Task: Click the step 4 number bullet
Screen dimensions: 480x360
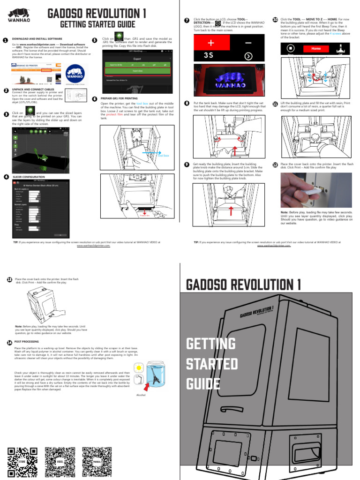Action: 6,177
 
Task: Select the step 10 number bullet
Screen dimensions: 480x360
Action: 275,20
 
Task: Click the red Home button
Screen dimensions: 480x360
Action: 316,48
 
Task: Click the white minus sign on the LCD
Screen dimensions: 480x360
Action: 247,43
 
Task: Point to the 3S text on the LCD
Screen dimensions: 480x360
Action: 209,55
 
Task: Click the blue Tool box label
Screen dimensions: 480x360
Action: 163,155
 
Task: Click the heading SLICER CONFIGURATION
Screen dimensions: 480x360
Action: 29,177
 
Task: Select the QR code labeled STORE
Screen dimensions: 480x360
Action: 22,461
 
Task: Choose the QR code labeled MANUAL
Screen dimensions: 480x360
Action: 97,461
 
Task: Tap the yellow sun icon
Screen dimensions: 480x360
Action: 139,367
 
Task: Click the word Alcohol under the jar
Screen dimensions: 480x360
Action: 141,395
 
